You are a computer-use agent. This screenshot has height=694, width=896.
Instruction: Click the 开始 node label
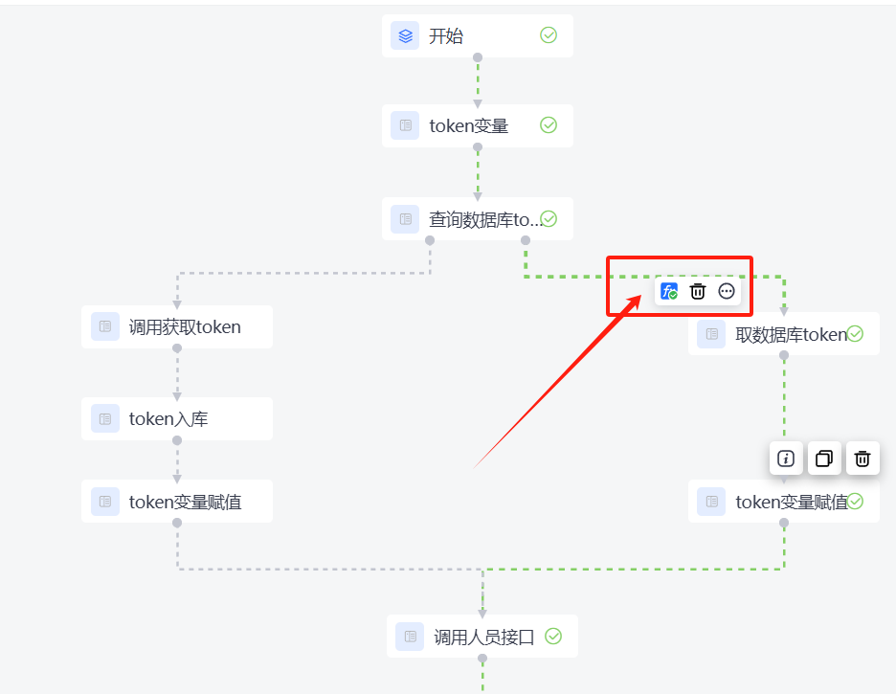[x=446, y=36]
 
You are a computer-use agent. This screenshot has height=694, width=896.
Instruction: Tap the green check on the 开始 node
[x=549, y=35]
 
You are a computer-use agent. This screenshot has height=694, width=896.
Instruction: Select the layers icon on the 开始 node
[x=405, y=36]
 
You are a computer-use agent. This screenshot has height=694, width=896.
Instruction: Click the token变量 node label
[x=468, y=125]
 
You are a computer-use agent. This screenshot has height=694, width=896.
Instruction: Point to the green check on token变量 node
[x=549, y=125]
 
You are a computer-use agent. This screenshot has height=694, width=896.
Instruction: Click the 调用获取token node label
[x=185, y=327]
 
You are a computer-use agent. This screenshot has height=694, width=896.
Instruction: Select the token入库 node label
[x=168, y=418]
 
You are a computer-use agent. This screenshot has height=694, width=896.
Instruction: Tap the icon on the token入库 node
[x=105, y=418]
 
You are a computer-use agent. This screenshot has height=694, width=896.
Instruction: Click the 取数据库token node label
[x=791, y=334]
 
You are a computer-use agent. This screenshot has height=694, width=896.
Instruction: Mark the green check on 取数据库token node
[x=856, y=334]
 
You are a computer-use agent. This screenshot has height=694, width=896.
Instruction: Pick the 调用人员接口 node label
[x=483, y=637]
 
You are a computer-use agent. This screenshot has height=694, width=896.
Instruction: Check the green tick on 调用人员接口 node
[x=553, y=636]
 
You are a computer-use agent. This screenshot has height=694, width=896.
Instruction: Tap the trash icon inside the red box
[x=698, y=292]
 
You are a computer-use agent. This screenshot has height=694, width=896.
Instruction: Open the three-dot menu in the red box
[x=727, y=292]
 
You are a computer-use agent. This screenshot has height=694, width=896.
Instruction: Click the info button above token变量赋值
[x=786, y=459]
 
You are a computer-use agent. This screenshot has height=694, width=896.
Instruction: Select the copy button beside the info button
[x=824, y=459]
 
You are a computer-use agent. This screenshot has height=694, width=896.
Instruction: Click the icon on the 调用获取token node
[x=105, y=327]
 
